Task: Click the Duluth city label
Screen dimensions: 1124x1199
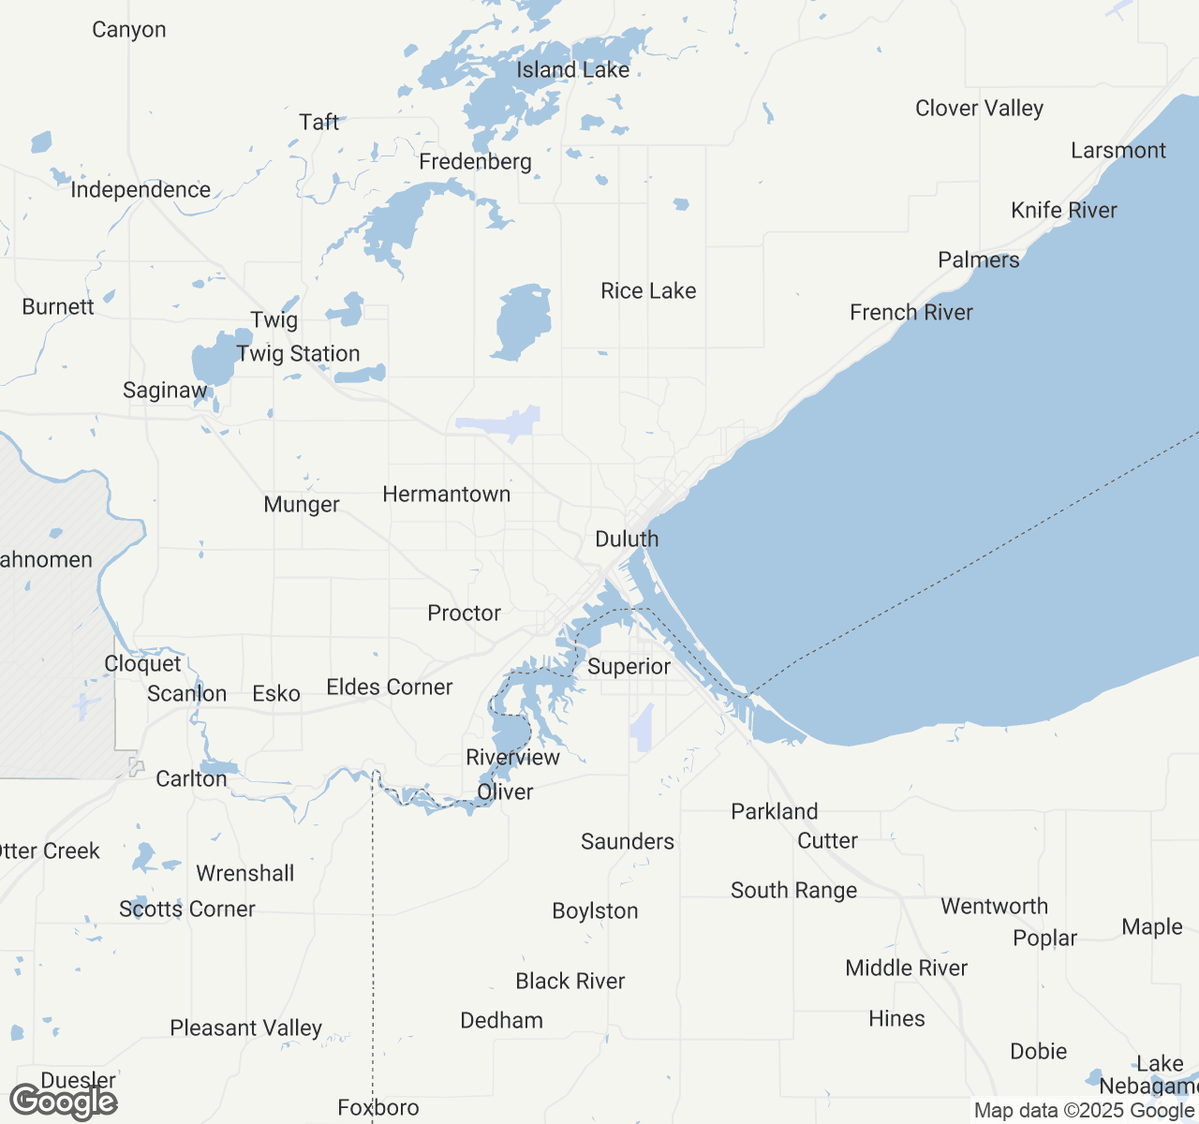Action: tap(627, 540)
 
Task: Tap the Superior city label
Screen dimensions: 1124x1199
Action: tap(629, 667)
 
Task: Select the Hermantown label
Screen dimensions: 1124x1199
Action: tap(447, 495)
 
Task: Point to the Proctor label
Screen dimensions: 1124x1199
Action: tap(464, 614)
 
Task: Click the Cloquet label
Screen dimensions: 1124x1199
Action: tap(142, 664)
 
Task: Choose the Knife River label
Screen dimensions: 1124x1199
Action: tap(1064, 211)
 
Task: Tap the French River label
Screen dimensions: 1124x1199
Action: tap(910, 313)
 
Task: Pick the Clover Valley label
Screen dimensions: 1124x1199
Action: tap(979, 109)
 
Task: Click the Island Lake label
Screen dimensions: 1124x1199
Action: tap(572, 70)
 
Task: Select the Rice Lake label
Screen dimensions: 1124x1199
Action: tap(648, 291)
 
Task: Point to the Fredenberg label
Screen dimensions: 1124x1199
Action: tap(475, 162)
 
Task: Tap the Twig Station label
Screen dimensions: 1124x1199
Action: tap(298, 354)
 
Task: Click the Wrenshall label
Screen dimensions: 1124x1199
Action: tap(245, 874)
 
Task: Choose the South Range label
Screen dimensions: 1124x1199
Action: tap(793, 891)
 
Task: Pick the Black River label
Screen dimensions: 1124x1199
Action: tap(570, 982)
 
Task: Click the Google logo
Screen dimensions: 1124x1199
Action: tap(64, 1102)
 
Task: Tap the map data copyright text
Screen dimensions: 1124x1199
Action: tap(1085, 1111)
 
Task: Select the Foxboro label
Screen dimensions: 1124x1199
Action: tap(378, 1109)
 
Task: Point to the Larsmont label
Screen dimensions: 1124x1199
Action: tap(1118, 151)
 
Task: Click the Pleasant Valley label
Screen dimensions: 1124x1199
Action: tap(245, 1028)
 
